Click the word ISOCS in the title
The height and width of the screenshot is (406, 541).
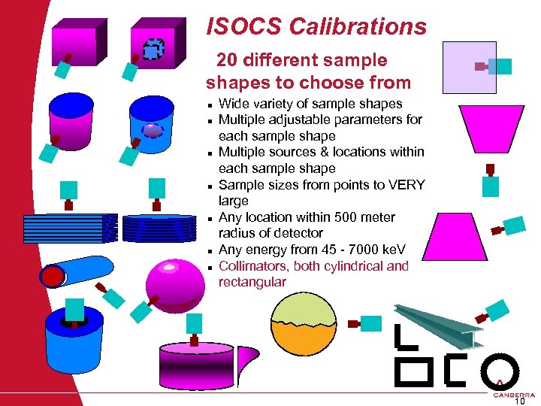[x=239, y=28]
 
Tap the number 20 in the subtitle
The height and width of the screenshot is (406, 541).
[x=228, y=61]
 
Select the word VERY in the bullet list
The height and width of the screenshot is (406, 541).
[x=409, y=185]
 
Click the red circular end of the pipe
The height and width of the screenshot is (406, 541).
[x=53, y=276]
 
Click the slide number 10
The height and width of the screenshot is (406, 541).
[x=518, y=401]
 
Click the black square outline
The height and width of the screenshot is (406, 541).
[x=413, y=370]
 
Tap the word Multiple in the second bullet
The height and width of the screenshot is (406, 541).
[x=242, y=120]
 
